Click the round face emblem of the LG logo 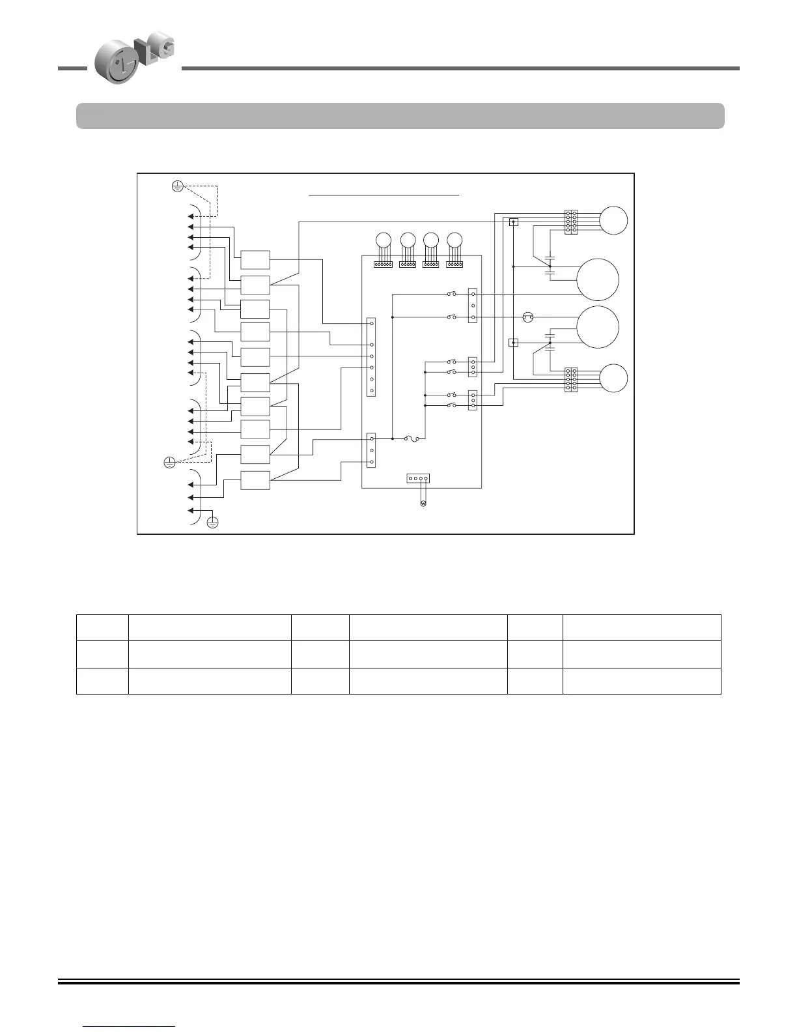click(x=118, y=64)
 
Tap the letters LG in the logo click(x=154, y=52)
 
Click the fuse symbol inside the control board click(x=411, y=438)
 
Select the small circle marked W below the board click(x=423, y=504)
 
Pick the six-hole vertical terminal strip click(x=371, y=357)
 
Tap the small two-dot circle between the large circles click(x=528, y=317)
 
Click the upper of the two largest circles click(x=597, y=279)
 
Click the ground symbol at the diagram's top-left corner click(x=176, y=187)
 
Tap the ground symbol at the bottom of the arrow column click(x=212, y=522)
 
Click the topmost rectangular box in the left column click(x=255, y=260)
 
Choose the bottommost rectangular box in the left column click(x=255, y=480)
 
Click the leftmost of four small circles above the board click(x=384, y=240)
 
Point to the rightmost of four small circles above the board click(x=454, y=240)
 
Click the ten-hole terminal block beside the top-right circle click(x=571, y=222)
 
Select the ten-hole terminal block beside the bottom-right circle click(x=571, y=380)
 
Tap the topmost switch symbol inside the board click(x=451, y=294)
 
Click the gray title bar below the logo click(x=400, y=116)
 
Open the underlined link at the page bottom click(x=130, y=1026)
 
